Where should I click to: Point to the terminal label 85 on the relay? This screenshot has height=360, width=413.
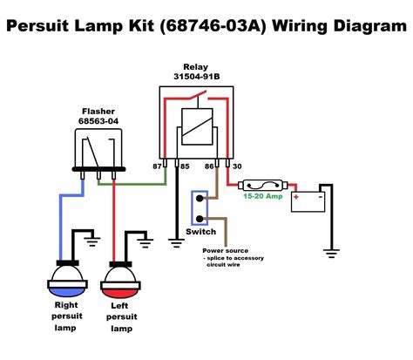[185, 164]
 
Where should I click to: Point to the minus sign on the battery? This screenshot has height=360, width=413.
[320, 196]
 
